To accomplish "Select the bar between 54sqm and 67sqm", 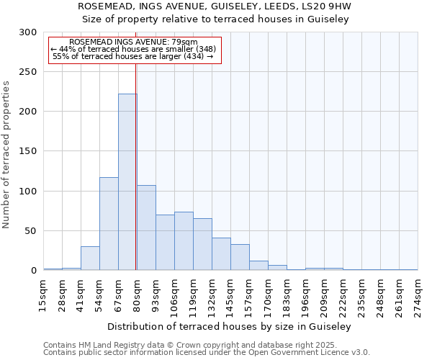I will tap(109, 224).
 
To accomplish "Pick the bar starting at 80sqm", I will tap(146, 228).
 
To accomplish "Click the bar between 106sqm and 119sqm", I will tap(184, 241).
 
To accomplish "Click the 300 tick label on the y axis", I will tap(28, 32).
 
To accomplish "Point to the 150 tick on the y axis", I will tap(28, 151).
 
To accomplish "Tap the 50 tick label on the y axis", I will tap(31, 231).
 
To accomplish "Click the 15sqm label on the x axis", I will tap(44, 294).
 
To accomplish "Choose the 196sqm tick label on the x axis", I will tap(305, 294).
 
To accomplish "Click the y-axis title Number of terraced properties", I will tap(6, 154).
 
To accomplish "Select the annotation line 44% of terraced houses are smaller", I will tap(133, 49).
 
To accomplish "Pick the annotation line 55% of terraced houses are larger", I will tap(133, 56).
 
